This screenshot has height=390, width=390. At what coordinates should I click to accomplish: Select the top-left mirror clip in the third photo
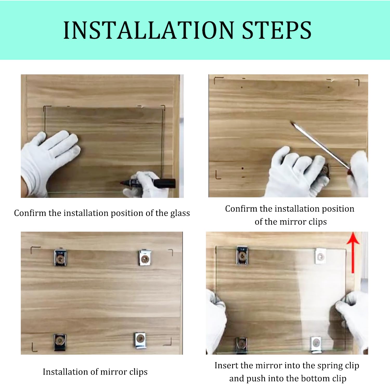[x=60, y=258]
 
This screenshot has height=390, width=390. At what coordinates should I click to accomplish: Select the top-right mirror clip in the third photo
[x=145, y=258]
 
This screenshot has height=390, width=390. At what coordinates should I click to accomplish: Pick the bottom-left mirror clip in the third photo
[x=60, y=341]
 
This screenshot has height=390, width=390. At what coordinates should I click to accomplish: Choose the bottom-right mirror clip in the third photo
[x=140, y=340]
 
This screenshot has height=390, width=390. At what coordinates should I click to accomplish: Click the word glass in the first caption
[x=180, y=213]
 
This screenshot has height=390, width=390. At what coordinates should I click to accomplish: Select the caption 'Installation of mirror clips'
[x=95, y=372]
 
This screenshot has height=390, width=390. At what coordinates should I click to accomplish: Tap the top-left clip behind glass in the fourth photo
[x=242, y=256]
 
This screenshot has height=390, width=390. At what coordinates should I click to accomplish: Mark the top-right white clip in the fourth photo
[x=320, y=256]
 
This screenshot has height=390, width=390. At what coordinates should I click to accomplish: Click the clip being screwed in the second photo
[x=325, y=170]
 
